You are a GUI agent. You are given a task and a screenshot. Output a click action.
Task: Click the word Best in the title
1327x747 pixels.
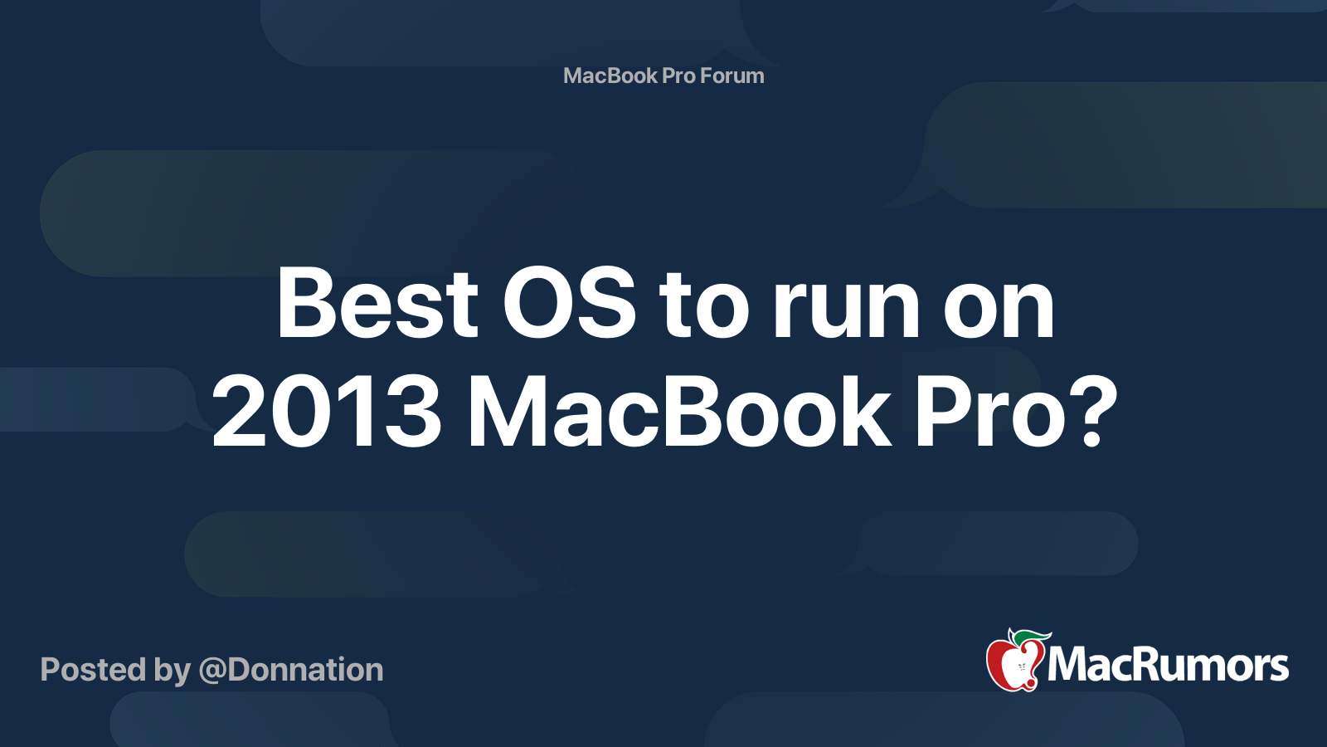click(377, 304)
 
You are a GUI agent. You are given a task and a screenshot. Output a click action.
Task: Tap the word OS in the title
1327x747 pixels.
click(569, 304)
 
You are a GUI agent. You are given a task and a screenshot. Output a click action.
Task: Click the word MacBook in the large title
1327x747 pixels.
click(680, 409)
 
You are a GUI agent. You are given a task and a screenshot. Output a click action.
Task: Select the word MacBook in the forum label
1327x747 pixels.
click(610, 76)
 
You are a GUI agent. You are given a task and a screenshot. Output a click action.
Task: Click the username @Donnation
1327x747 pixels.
click(291, 670)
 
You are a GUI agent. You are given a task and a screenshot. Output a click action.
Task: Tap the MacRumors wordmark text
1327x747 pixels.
click(1168, 666)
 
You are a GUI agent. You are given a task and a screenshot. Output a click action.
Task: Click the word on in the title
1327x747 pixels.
click(999, 312)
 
